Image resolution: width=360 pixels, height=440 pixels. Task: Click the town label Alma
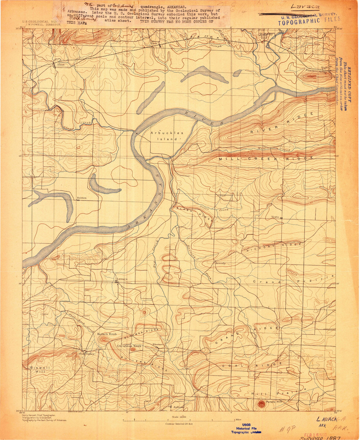click(61, 64)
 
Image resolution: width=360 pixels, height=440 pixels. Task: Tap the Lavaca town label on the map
click(122, 279)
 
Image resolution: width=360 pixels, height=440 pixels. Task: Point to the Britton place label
click(82, 198)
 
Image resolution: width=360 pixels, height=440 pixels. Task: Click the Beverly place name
click(220, 263)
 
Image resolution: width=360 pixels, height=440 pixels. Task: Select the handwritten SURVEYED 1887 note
click(318, 438)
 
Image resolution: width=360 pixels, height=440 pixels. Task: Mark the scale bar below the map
click(180, 420)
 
